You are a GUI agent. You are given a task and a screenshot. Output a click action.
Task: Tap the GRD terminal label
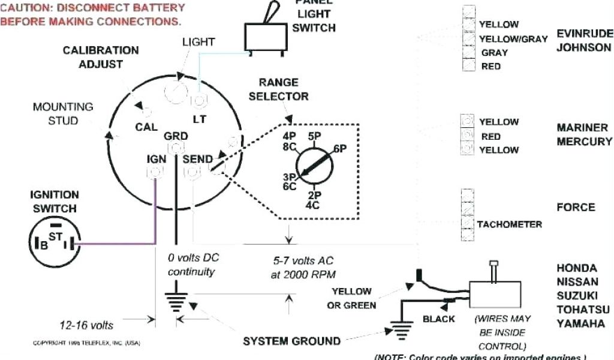click(x=176, y=136)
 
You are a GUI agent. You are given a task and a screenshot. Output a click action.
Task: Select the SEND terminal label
click(x=197, y=160)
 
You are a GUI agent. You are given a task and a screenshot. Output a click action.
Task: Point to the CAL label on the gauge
click(x=146, y=127)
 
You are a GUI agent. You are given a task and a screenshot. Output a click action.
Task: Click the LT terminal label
click(x=200, y=119)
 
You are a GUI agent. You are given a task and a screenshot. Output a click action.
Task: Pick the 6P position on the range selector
click(x=340, y=149)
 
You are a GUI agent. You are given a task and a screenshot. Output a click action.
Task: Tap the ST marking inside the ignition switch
click(x=56, y=237)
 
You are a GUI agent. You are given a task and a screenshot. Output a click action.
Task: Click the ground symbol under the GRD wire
click(x=176, y=301)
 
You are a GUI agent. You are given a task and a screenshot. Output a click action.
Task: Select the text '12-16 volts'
click(x=86, y=325)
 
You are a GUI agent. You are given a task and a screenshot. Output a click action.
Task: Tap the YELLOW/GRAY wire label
click(x=513, y=39)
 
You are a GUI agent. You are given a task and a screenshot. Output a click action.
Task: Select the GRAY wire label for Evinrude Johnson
click(x=495, y=53)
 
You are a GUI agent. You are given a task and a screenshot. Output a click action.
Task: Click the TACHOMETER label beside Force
click(x=509, y=224)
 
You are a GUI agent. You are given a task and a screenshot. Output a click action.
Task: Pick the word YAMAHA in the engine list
click(x=580, y=324)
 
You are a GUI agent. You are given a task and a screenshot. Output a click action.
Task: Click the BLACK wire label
click(x=438, y=319)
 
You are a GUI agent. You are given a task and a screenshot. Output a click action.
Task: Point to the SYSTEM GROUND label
click(x=291, y=341)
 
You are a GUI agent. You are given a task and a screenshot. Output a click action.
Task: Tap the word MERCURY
click(x=584, y=142)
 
